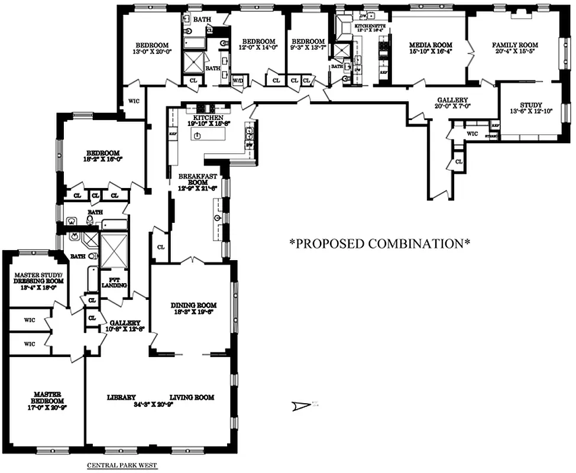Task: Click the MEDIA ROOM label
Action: [431, 45]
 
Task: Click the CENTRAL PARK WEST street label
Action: [122, 465]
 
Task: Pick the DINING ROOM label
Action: [194, 305]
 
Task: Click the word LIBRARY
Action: [122, 397]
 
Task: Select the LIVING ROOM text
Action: [192, 397]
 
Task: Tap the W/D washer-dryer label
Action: [238, 80]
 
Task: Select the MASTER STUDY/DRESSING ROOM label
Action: [34, 278]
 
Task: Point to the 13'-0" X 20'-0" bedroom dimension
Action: [152, 51]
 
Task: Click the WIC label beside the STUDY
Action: [472, 134]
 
